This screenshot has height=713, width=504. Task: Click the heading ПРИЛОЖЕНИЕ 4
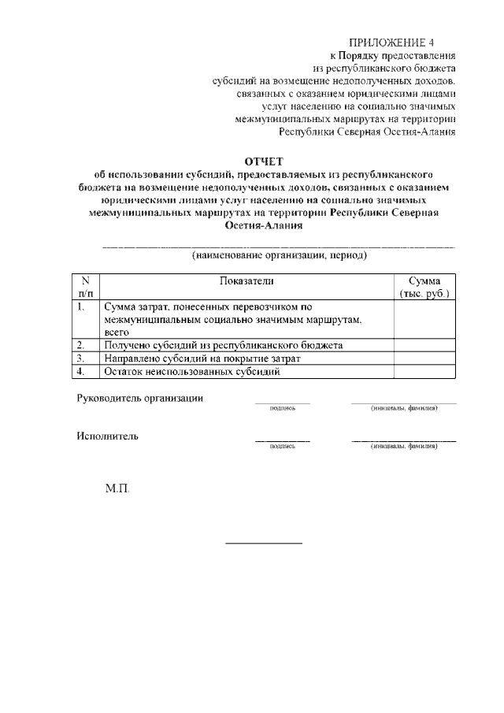click(x=391, y=42)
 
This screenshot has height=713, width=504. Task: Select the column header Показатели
click(x=246, y=281)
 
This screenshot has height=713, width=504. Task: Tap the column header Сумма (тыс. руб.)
click(x=424, y=288)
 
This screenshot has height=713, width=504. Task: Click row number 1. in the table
click(x=82, y=306)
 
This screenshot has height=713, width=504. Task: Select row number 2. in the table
click(x=81, y=345)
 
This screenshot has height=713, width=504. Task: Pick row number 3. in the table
click(x=81, y=358)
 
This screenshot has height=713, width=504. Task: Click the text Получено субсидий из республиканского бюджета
click(x=223, y=345)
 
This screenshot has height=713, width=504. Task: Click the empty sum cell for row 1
click(x=424, y=319)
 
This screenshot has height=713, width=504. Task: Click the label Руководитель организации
click(x=139, y=398)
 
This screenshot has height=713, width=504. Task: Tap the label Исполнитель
click(x=108, y=436)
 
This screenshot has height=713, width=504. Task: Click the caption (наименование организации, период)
click(x=280, y=255)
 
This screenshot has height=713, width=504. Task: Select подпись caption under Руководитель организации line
click(x=282, y=408)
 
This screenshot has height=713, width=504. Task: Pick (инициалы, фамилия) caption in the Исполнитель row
click(x=403, y=447)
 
